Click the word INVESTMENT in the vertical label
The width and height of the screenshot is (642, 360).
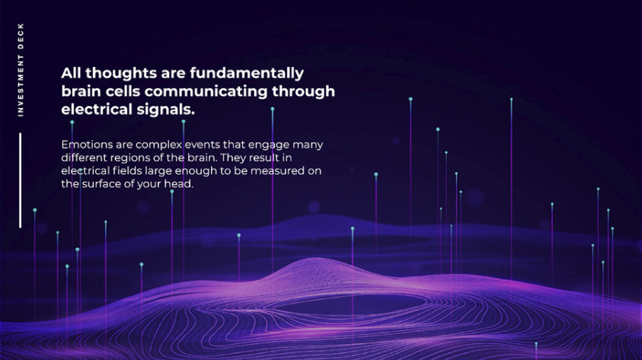click(21, 87)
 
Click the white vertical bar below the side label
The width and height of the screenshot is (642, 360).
click(20, 180)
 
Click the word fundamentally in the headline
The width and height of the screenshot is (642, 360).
click(247, 73)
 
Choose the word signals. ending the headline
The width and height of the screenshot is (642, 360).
click(166, 110)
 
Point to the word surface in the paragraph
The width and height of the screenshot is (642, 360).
click(101, 183)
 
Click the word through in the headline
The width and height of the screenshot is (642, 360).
click(303, 91)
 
